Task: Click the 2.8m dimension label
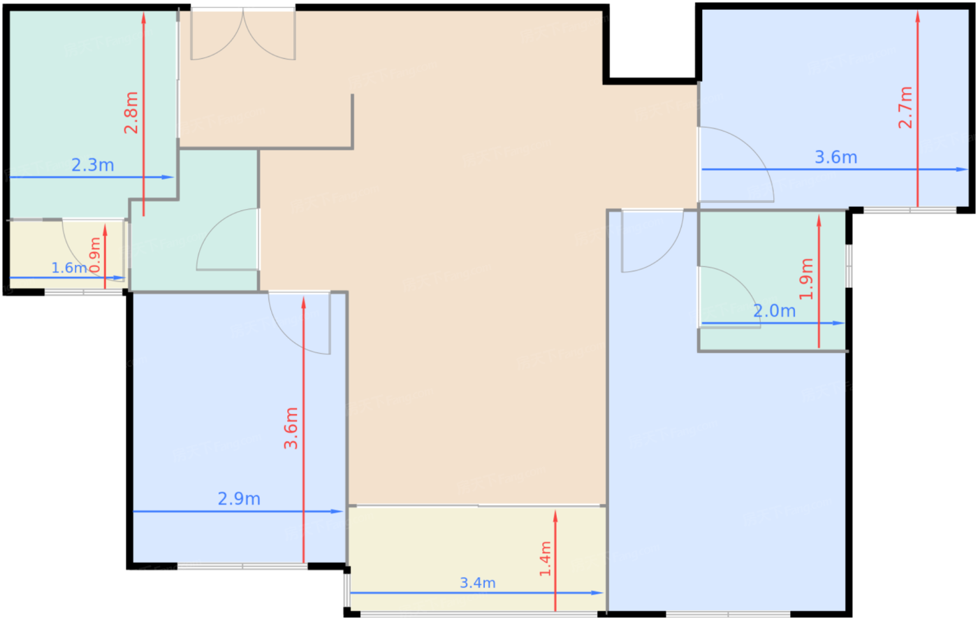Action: coord(131,113)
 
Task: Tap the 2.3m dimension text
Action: coord(92,165)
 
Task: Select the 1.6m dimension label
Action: coord(69,268)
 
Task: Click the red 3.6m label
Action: coord(291,428)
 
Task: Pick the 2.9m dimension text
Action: coord(239,498)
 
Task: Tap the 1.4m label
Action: coord(546,558)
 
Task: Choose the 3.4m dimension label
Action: coord(478,582)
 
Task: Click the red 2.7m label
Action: coord(905,108)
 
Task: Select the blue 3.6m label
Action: coord(836,157)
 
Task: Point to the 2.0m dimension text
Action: coord(775,310)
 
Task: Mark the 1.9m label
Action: coord(806,279)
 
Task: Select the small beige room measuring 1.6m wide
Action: coord(68,254)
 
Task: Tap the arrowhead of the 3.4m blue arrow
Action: coord(597,593)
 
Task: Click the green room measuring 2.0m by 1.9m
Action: coord(773,280)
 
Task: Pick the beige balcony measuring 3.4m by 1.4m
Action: coord(478,559)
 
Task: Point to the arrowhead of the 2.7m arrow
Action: coord(918,17)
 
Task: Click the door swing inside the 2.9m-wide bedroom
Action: coord(300,324)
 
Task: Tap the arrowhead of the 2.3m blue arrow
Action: coord(168,178)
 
